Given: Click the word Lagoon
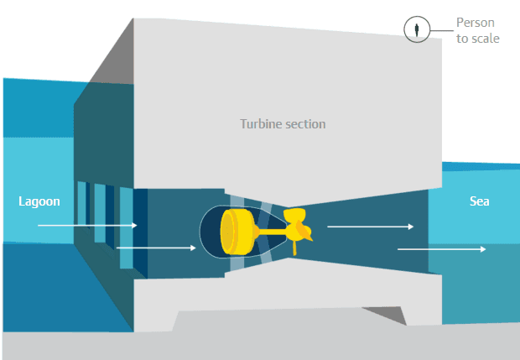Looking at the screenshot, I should coord(39,201).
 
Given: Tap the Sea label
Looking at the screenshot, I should coord(479,201).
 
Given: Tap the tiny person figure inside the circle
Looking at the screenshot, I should coord(417,30).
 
